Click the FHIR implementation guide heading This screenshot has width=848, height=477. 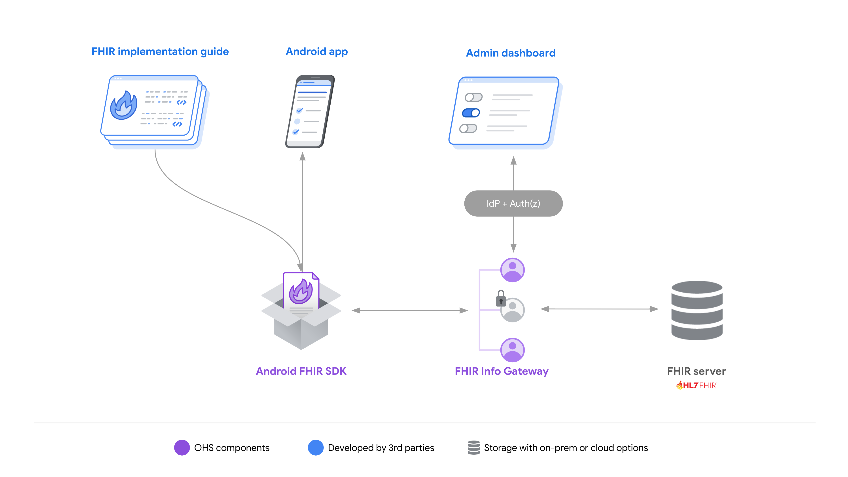tap(160, 52)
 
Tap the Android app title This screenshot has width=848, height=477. tap(316, 52)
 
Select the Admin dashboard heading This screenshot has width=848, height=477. tap(511, 53)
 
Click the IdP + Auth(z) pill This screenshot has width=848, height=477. tap(513, 203)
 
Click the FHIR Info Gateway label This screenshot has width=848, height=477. tap(501, 371)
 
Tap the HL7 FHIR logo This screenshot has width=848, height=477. tap(696, 385)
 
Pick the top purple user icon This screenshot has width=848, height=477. tap(512, 270)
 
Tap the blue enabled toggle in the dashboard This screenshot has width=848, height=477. tap(471, 113)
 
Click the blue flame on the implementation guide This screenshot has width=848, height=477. tap(124, 105)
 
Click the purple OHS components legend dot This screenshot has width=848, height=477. tap(182, 448)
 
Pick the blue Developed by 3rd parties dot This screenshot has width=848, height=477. tap(315, 448)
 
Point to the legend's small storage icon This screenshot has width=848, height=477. tap(473, 448)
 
